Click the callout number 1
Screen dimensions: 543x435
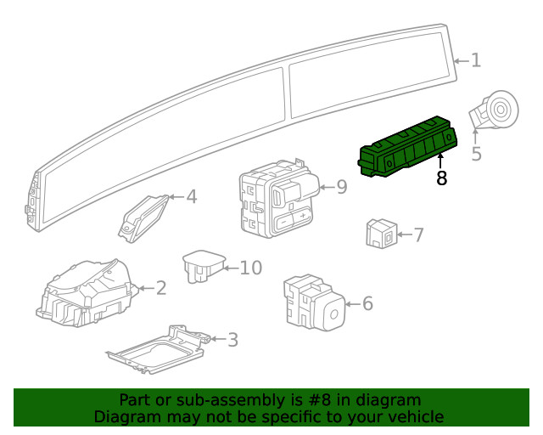coord(476,60)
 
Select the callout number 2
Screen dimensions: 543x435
coord(161,288)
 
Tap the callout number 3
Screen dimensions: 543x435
coord(233,340)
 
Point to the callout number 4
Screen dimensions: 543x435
coord(192,197)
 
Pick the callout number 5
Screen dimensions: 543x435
coord(477,153)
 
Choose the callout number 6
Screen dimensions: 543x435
coord(367,303)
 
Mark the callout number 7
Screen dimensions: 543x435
coord(418,234)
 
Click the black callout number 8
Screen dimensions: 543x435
coord(441,178)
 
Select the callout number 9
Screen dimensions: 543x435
coord(342,187)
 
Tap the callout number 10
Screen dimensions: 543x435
coord(251,268)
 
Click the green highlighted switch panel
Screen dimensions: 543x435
coord(408,147)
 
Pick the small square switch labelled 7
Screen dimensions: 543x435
coord(382,233)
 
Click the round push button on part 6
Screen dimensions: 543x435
coord(333,314)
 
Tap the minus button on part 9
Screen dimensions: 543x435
coord(283,221)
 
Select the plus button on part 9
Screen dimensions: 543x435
coord(303,217)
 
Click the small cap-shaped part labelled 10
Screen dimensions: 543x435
coord(204,267)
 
